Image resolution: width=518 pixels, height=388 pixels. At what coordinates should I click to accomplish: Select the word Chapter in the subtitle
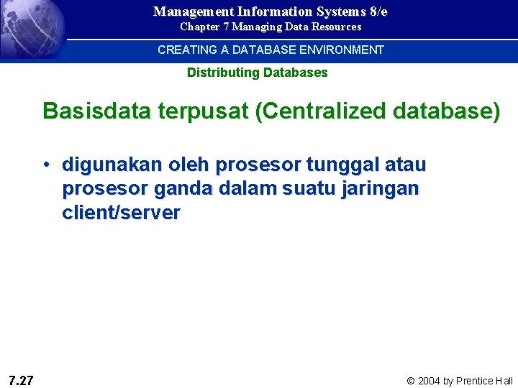(199, 27)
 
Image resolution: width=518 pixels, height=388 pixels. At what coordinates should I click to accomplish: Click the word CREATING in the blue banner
(187, 50)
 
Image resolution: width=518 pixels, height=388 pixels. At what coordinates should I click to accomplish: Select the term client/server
(121, 213)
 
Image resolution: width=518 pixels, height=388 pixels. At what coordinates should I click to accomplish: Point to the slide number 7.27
(22, 380)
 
